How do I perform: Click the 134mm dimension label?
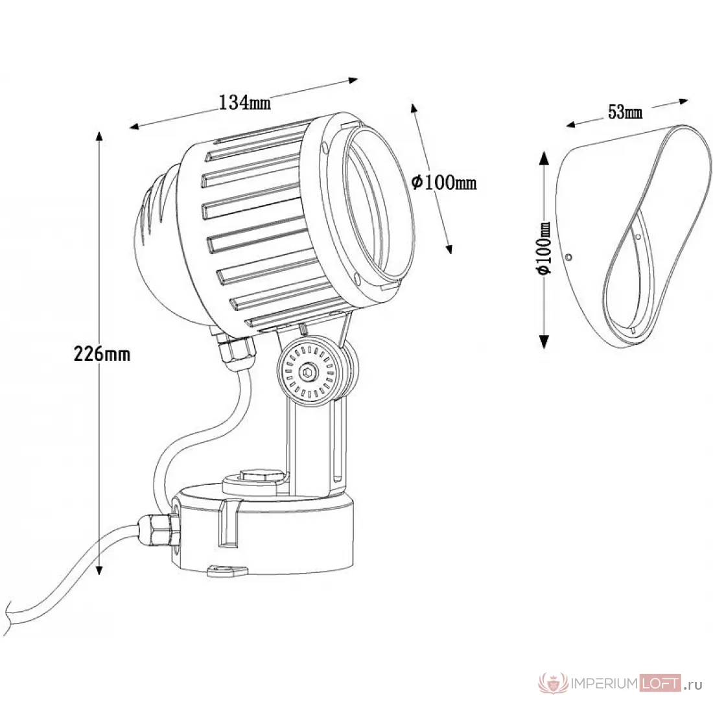[x=244, y=103]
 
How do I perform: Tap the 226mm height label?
[x=102, y=353]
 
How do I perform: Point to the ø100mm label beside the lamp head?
[x=444, y=182]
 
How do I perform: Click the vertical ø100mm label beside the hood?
[x=544, y=248]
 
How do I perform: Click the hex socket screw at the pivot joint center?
[x=307, y=373]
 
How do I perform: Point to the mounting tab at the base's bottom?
[x=227, y=570]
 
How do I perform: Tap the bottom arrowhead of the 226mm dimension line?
[x=100, y=569]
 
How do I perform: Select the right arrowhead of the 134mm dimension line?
[x=353, y=80]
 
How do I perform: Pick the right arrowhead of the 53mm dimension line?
[x=683, y=101]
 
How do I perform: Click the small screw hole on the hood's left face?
[x=568, y=257]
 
